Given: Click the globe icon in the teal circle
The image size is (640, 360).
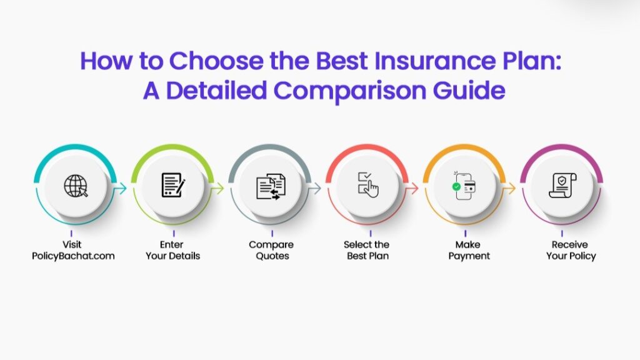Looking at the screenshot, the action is (x=76, y=186).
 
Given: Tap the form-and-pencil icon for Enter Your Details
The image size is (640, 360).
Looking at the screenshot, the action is (x=174, y=185).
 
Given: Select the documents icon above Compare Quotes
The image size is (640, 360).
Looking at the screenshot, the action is (x=271, y=187).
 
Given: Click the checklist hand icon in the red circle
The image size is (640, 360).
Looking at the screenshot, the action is (x=368, y=185).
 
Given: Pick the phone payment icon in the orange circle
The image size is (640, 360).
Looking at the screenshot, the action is (x=464, y=186).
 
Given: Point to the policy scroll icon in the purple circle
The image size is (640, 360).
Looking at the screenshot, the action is (x=562, y=186).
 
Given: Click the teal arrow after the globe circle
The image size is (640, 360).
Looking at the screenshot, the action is (x=120, y=188).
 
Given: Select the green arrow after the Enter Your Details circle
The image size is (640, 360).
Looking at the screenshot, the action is (x=217, y=188).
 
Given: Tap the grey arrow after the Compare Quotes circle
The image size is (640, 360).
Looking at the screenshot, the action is (x=315, y=188).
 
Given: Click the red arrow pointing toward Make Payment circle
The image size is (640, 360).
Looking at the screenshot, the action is (x=412, y=188).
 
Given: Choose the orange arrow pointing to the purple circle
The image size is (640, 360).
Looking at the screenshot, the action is (x=509, y=188).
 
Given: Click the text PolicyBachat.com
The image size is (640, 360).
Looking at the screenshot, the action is (x=74, y=256).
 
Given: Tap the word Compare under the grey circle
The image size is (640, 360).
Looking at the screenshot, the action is (x=271, y=245).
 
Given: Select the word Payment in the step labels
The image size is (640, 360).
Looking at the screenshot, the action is (x=469, y=256).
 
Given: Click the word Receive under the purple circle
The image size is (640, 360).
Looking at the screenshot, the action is (x=570, y=244).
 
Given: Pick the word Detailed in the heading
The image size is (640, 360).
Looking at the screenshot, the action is (x=216, y=90).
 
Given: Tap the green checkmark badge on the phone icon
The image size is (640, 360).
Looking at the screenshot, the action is (x=456, y=186).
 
